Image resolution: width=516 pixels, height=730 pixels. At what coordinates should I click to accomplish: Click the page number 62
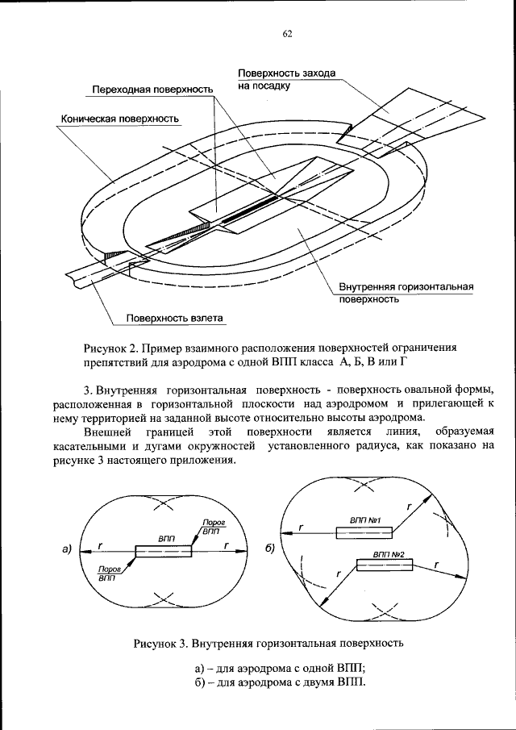click(x=287, y=33)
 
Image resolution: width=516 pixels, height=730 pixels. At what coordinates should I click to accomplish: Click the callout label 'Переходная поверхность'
click(x=152, y=88)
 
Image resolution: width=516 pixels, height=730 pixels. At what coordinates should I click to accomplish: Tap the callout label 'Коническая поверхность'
click(x=120, y=119)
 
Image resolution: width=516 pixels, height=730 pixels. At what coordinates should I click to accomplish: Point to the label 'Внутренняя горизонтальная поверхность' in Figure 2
click(x=405, y=292)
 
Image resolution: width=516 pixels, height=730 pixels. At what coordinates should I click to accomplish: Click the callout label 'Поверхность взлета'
click(x=173, y=318)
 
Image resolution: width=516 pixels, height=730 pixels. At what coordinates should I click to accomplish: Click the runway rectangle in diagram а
click(x=164, y=551)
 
